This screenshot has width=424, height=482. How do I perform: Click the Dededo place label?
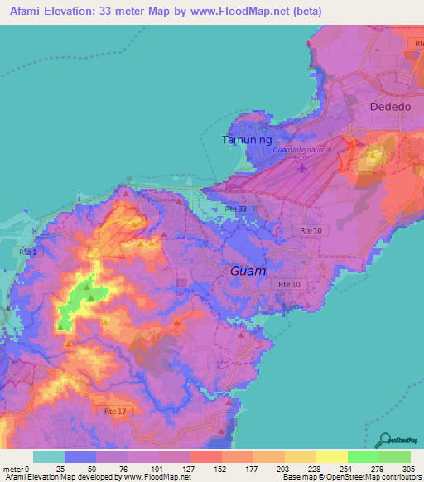pos(388,106)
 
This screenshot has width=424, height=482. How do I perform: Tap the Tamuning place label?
pos(247,140)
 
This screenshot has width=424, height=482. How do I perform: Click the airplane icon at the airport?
pos(304,168)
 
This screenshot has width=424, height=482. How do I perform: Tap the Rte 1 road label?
pos(27,251)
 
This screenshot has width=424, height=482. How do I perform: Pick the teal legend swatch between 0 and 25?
pos(48,456)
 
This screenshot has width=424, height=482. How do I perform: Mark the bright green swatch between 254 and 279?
pos(364,456)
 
